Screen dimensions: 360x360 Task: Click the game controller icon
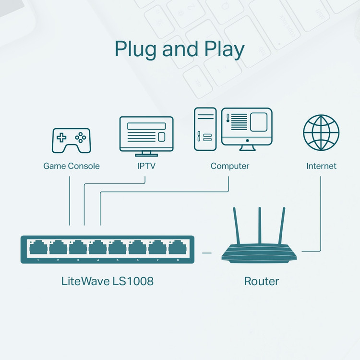click(71, 139)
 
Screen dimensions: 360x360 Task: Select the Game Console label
click(72, 166)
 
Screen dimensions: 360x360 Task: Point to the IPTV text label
click(146, 166)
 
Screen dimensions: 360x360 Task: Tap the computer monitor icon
click(247, 128)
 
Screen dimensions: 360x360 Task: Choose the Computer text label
click(230, 166)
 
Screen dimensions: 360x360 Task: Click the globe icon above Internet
click(321, 133)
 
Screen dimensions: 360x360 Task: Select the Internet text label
click(321, 166)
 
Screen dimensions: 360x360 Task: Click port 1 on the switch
click(38, 249)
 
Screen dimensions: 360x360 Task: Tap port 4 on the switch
click(98, 249)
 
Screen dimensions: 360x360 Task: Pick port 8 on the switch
click(177, 249)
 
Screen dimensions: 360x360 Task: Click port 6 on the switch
click(137, 249)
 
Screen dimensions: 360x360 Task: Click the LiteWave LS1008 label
click(108, 281)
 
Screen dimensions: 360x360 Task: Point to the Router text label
click(262, 281)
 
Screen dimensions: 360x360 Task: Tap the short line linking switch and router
click(207, 252)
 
